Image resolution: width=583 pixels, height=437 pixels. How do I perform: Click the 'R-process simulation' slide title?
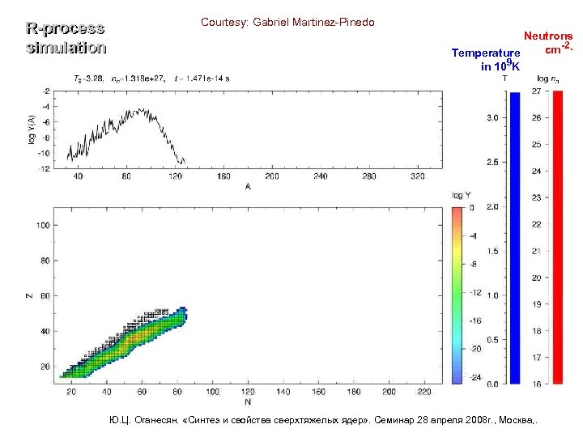[66, 38]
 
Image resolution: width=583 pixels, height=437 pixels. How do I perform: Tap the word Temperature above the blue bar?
[486, 53]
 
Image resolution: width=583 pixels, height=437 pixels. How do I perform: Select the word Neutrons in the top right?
[548, 36]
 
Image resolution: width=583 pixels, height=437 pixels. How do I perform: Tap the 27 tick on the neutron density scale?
[536, 91]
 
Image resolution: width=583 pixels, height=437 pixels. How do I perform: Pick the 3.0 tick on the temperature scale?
[492, 118]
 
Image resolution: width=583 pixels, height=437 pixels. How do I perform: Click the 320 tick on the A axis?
[417, 176]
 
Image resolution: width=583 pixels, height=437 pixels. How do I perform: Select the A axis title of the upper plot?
[247, 186]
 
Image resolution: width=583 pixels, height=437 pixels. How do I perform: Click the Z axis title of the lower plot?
[30, 295]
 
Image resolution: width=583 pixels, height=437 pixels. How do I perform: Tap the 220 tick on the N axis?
[424, 392]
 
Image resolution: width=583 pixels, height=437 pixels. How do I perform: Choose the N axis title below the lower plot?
[247, 401]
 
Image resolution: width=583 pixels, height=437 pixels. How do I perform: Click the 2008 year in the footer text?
[458, 421]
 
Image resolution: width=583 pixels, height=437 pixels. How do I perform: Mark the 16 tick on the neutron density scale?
[536, 384]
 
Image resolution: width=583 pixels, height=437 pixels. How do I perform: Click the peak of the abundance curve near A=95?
[147, 109]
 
